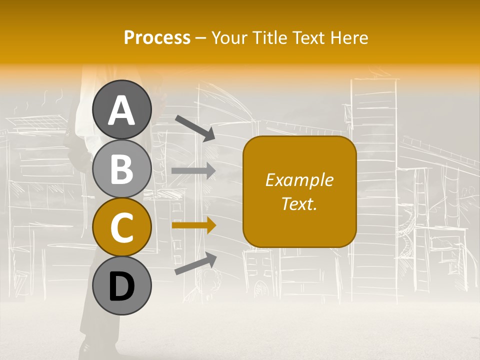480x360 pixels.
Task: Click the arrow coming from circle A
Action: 195,128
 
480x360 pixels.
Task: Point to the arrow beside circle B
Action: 194,171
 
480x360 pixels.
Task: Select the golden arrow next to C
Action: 194,226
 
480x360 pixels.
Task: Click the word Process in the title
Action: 157,37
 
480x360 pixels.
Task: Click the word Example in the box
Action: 299,180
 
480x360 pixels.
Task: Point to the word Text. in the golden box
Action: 299,203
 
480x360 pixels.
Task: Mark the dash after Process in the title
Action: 201,38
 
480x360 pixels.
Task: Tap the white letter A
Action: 122,110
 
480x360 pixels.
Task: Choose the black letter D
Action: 122,286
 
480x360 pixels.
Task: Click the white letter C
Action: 122,227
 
